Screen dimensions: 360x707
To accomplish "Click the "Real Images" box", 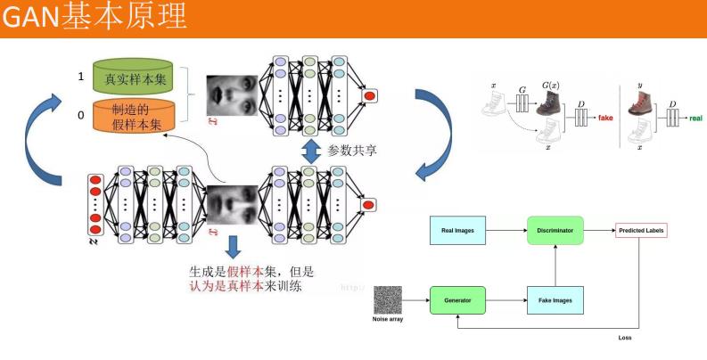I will [x=457, y=231].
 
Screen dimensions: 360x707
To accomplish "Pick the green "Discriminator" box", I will [x=555, y=231].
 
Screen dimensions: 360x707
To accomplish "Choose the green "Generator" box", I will [x=457, y=300].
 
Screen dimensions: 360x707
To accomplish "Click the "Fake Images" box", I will [x=555, y=300].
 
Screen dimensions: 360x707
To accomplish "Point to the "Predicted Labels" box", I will [x=640, y=231].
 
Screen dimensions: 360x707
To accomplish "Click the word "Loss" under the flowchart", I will [x=625, y=338].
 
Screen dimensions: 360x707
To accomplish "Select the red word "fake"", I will [x=606, y=117].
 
